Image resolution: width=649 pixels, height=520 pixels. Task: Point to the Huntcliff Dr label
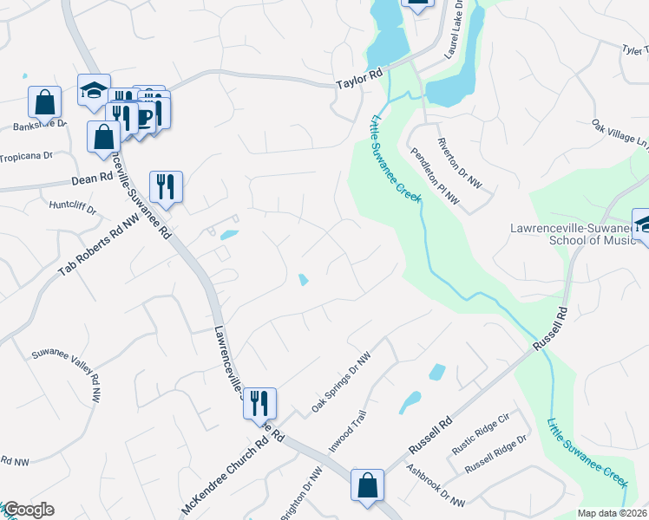pos(73,207)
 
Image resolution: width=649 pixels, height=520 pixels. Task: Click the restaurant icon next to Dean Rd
pos(166,186)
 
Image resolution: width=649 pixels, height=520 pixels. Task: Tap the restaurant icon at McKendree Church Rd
pos(259,403)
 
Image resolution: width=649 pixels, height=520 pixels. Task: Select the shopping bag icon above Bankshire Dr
pos(45,101)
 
